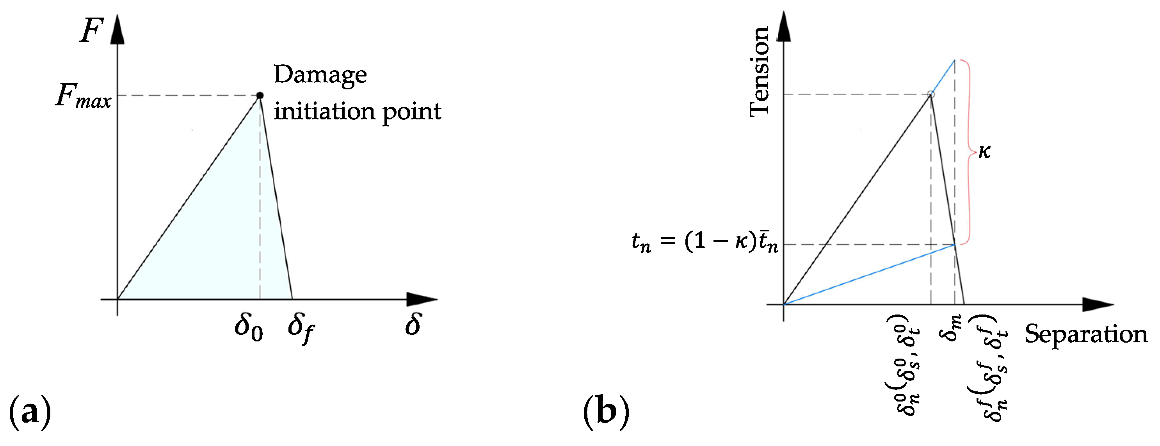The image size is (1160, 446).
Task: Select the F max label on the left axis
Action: pyautogui.click(x=83, y=96)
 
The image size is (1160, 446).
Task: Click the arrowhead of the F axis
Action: pyautogui.click(x=117, y=30)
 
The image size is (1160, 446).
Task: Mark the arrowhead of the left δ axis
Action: pyautogui.click(x=422, y=299)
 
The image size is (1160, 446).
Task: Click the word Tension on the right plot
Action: pyautogui.click(x=759, y=71)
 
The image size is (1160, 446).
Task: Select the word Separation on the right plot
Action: pyautogui.click(x=1086, y=334)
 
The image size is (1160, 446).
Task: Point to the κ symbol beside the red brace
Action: pyautogui.click(x=984, y=152)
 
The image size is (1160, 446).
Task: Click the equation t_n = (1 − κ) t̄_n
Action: pyautogui.click(x=705, y=243)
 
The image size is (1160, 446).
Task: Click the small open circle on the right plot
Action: pyautogui.click(x=931, y=94)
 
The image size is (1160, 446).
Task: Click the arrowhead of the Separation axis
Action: pyautogui.click(x=1098, y=305)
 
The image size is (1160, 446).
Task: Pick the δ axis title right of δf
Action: pyautogui.click(x=413, y=325)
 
